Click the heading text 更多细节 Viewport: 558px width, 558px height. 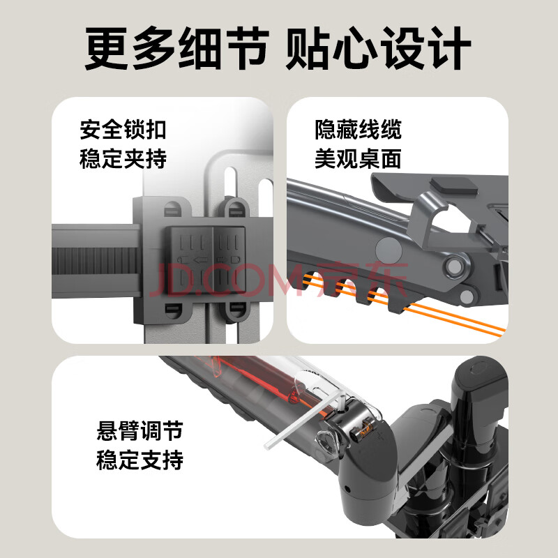[x=177, y=49]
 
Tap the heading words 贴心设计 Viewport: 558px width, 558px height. [x=378, y=49]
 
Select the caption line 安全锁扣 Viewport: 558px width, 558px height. [x=123, y=130]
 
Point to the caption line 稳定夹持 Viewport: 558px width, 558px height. [x=123, y=159]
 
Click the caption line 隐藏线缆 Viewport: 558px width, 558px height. [x=358, y=130]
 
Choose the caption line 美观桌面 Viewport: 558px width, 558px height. [x=358, y=159]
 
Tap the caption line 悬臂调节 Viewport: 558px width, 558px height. [x=140, y=431]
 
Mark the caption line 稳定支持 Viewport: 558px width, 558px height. [x=140, y=460]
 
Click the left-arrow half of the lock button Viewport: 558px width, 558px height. [x=190, y=259]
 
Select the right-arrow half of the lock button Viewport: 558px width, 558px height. [x=229, y=259]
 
